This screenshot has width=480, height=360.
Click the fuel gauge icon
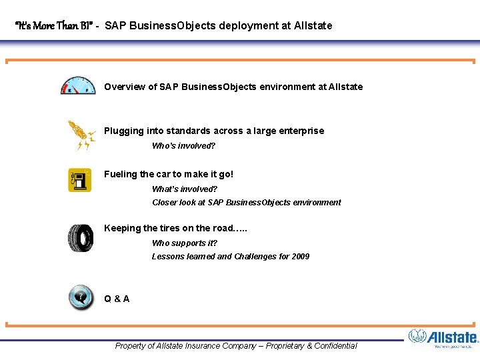tap(78, 86)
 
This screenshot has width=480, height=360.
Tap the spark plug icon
tap(81, 135)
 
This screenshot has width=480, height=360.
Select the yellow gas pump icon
tap(80, 181)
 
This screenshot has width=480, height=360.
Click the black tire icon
tap(80, 238)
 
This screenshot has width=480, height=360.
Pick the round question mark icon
tap(81, 297)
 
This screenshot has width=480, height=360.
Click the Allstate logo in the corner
tap(443, 338)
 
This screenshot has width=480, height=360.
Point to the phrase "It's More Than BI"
tap(53, 26)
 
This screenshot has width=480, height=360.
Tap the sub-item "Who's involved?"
tap(183, 145)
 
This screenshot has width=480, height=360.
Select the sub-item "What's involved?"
tap(185, 189)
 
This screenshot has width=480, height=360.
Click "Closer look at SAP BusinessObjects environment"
tap(246, 202)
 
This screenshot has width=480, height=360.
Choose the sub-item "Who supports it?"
tap(184, 243)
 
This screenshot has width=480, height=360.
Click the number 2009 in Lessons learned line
tap(300, 256)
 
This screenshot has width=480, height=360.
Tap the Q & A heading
tap(117, 299)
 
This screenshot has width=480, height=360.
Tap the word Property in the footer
tap(131, 345)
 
